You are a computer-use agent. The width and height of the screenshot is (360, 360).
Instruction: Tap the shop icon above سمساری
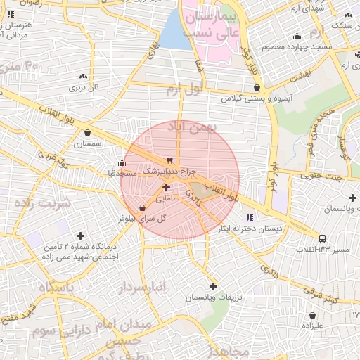coord(87,132)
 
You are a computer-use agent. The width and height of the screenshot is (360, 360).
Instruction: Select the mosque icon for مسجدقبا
coord(122,163)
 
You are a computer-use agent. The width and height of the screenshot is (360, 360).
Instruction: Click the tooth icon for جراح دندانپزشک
coord(168,160)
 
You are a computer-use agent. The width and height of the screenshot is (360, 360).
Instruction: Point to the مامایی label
coord(167,199)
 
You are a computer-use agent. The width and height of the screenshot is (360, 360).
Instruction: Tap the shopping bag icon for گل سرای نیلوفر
coord(143,207)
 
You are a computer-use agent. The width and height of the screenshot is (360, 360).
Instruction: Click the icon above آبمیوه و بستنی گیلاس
coord(257,88)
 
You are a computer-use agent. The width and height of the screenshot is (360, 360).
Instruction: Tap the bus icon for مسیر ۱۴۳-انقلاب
coord(322,238)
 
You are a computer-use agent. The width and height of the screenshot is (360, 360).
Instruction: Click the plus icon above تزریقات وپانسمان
coord(213,286)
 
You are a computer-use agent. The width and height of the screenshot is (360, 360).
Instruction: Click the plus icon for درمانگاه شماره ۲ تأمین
coord(81,236)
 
